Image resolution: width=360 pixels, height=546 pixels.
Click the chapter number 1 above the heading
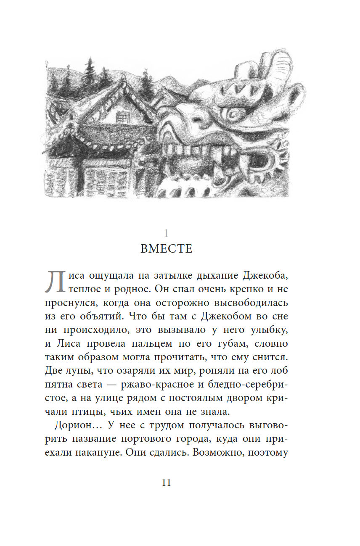tap(166, 233)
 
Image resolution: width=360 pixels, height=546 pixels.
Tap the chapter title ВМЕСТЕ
tap(167, 249)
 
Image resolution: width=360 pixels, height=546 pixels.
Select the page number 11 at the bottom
tap(166, 483)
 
